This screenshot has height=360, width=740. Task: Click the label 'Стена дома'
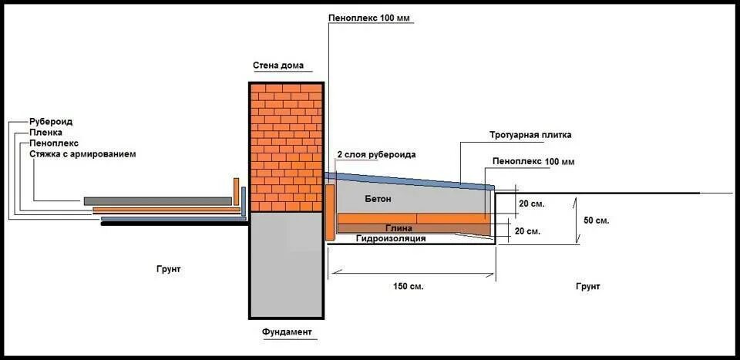(277, 65)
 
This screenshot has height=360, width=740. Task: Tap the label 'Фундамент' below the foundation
(287, 332)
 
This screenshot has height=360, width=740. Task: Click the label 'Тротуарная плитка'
(530, 135)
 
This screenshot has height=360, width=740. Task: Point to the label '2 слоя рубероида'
(376, 155)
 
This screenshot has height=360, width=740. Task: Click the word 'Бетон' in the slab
(378, 200)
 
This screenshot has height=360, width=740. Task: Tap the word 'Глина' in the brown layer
(399, 229)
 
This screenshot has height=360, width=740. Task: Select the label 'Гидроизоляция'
(391, 239)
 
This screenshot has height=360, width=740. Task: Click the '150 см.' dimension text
(408, 286)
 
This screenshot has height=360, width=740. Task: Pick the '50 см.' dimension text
(597, 221)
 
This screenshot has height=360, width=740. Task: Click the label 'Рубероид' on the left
(51, 122)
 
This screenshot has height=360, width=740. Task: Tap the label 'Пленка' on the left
(45, 133)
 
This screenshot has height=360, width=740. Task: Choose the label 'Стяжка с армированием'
(82, 154)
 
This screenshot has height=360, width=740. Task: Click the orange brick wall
(285, 146)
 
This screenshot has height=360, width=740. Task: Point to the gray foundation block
(285, 262)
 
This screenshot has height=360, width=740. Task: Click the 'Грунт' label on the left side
(167, 269)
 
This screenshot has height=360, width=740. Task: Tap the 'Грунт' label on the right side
(587, 286)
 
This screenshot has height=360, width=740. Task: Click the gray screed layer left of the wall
(158, 200)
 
